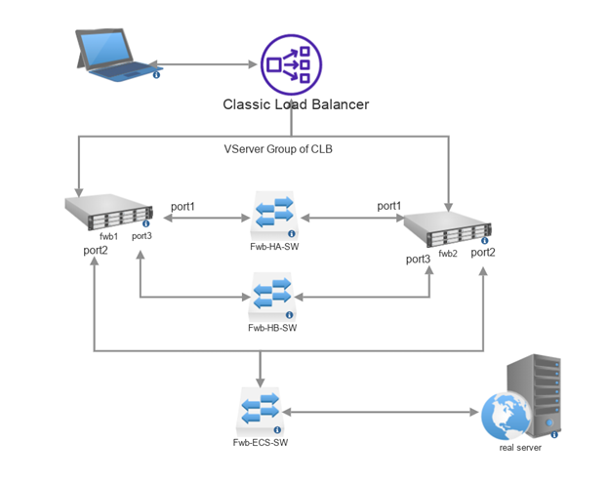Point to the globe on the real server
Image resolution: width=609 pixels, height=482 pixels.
[507, 416]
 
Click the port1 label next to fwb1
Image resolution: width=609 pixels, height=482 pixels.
[183, 206]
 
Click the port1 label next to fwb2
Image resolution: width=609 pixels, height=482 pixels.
[389, 206]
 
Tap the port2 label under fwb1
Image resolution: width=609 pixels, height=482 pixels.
[96, 251]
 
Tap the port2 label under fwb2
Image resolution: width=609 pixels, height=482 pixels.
[483, 252]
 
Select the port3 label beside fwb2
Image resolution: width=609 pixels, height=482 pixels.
[418, 259]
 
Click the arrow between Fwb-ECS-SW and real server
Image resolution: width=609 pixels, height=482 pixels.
[381, 412]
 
